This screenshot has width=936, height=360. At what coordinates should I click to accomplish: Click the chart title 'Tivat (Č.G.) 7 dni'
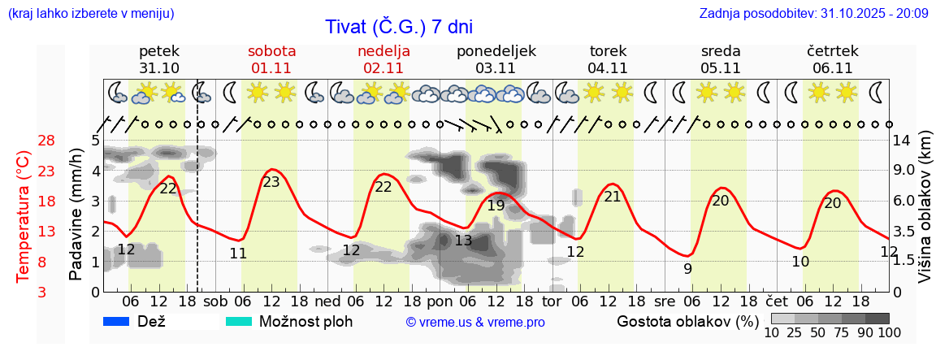click(x=398, y=27)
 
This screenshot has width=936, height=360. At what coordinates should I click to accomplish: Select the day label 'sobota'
click(x=271, y=50)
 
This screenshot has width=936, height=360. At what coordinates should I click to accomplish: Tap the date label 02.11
click(x=383, y=68)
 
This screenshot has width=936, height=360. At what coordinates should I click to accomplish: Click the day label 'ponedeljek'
click(x=496, y=50)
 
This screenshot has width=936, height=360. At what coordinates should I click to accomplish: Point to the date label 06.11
click(x=832, y=68)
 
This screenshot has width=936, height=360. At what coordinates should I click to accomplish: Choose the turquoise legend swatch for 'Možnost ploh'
click(x=239, y=322)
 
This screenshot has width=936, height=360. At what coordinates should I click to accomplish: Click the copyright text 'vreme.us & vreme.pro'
click(x=474, y=323)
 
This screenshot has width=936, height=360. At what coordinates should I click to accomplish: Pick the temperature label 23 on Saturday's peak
click(x=271, y=182)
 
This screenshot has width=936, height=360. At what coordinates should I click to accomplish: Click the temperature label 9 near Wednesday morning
click(x=687, y=269)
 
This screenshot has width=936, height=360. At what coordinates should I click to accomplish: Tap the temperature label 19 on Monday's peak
click(x=496, y=206)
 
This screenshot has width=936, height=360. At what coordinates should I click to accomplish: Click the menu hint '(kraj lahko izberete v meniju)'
click(x=90, y=13)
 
